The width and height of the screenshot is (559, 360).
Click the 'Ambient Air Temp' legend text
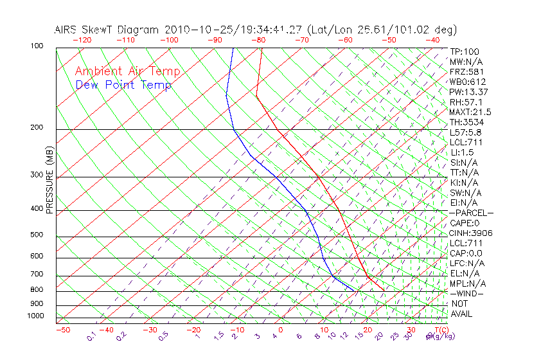point(127,72)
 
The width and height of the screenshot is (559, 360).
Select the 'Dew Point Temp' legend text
point(123,85)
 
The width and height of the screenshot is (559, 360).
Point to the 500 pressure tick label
point(37,235)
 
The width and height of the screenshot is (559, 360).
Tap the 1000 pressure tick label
point(35,316)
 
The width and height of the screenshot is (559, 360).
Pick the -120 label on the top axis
point(82,40)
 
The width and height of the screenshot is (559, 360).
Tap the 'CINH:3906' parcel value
point(471,233)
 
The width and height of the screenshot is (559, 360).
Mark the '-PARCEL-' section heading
point(471,213)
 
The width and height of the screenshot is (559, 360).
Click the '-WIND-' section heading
point(466,293)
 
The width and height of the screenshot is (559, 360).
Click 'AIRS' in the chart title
point(67,30)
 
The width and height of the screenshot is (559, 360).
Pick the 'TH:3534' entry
point(466,122)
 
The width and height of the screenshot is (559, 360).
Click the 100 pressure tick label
point(37,46)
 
